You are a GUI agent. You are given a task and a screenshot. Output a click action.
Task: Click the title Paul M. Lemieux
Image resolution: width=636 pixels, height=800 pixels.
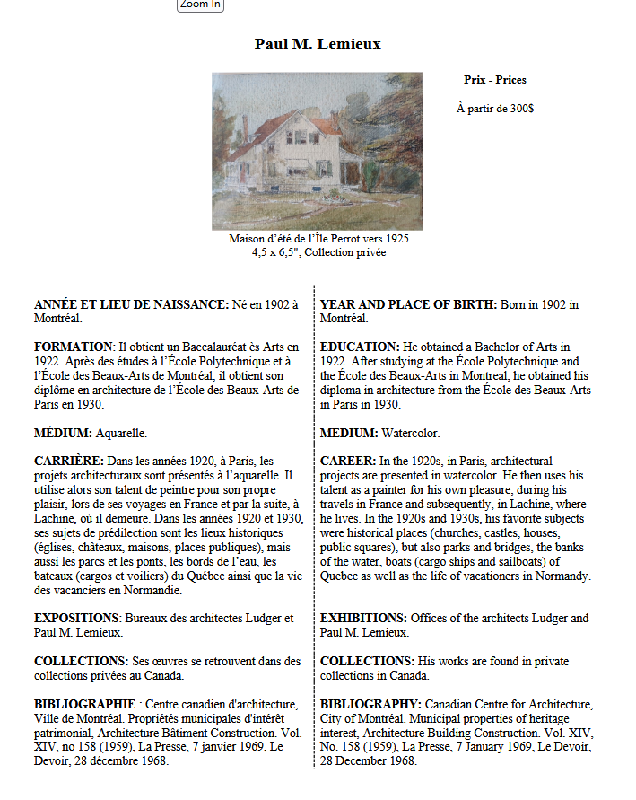[x=318, y=44]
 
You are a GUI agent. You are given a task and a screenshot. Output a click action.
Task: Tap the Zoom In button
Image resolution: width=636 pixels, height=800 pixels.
[x=200, y=4]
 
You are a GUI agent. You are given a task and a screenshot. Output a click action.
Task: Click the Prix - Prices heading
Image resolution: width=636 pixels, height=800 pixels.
[x=494, y=80]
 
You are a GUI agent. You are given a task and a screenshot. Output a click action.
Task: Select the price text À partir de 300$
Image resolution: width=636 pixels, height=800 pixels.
[x=494, y=109]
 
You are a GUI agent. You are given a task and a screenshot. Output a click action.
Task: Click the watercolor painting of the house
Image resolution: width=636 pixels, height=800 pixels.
[x=317, y=151]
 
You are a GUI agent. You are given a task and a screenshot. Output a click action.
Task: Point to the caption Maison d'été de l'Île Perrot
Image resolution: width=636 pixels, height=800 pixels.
[x=318, y=239]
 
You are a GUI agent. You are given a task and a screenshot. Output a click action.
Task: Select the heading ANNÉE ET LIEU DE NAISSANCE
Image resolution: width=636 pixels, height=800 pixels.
[x=131, y=305]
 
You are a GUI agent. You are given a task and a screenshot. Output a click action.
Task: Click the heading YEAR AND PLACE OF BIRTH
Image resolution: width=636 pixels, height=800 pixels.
[x=408, y=305]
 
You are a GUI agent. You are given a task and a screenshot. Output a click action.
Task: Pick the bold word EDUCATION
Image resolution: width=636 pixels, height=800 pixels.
[x=359, y=347]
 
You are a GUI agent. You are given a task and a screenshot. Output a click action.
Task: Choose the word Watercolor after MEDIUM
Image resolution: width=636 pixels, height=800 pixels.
[x=410, y=433]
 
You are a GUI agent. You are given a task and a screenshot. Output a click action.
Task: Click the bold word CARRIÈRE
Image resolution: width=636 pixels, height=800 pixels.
[x=69, y=461]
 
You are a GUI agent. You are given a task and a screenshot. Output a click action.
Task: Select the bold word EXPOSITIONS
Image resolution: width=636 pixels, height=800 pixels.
[x=76, y=618]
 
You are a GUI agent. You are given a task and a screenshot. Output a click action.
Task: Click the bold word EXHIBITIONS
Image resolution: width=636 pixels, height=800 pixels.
[x=363, y=618]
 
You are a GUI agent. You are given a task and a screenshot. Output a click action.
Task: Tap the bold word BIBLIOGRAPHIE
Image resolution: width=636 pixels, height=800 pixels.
[x=85, y=704]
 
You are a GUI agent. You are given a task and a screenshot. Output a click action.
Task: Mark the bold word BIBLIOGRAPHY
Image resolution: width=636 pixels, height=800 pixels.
[x=370, y=704]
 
